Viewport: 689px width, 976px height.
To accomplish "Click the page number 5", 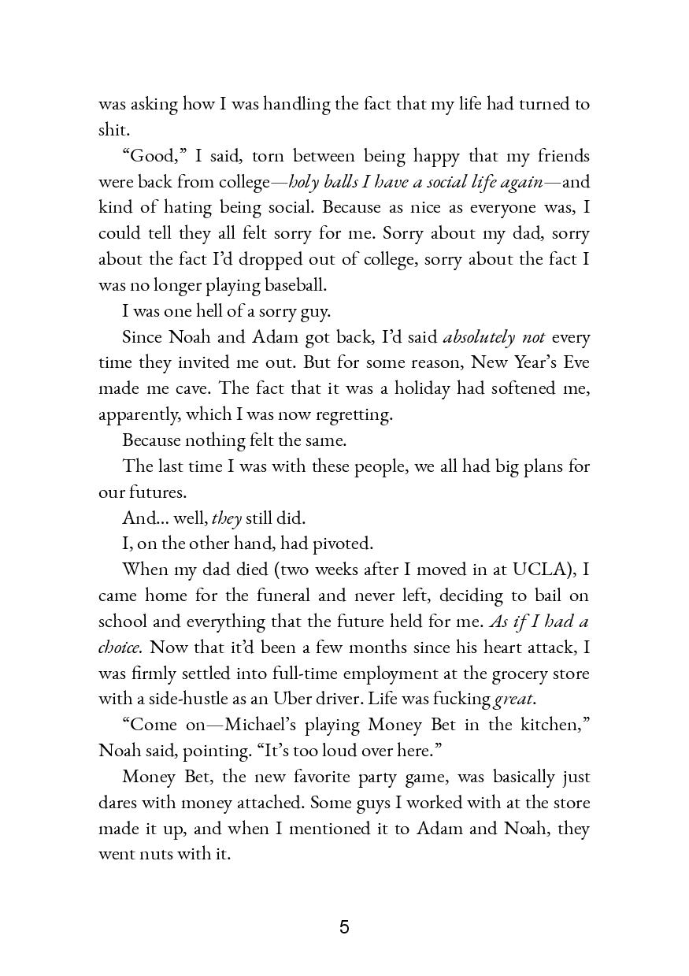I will click(x=344, y=927).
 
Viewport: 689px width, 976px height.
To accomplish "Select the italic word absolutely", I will click(x=480, y=337).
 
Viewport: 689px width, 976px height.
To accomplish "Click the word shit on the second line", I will click(x=112, y=130).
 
